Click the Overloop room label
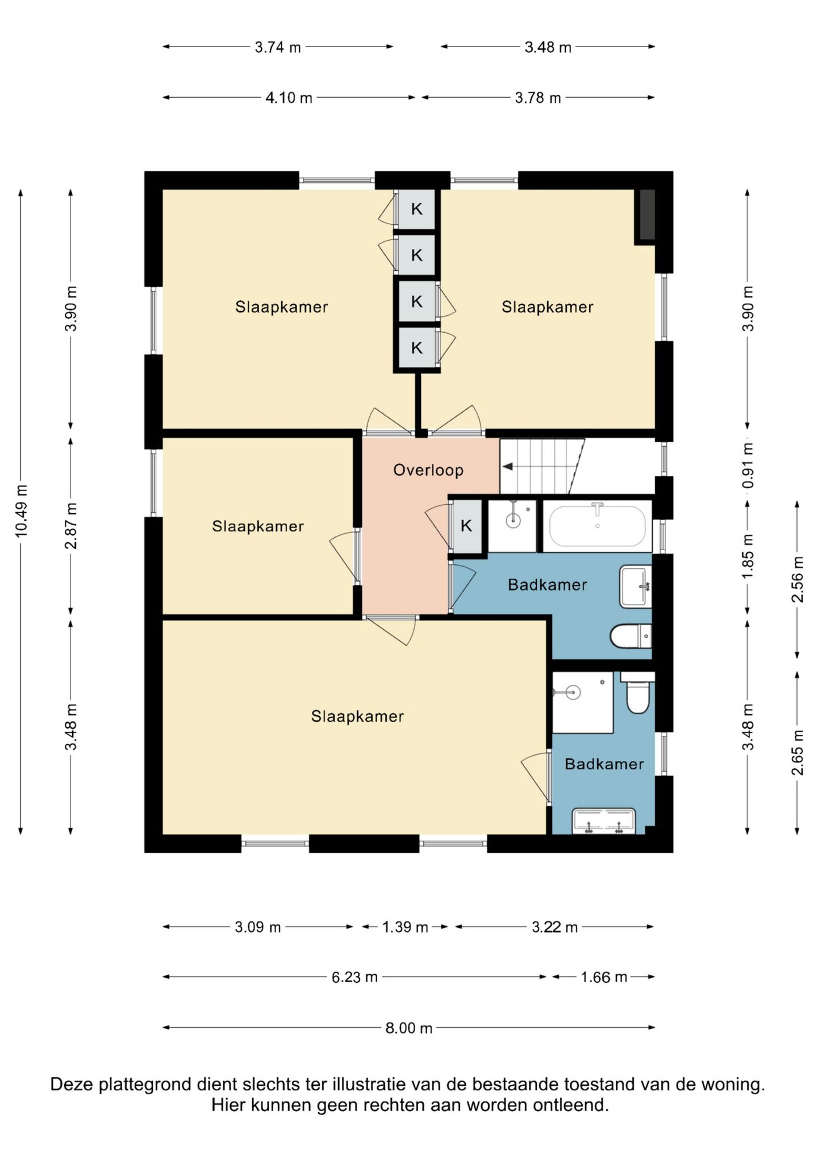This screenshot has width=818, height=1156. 428,470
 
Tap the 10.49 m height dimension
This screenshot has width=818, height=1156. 21,512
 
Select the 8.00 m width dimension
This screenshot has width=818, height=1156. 409,1028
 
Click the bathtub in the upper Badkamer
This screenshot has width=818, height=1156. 597,525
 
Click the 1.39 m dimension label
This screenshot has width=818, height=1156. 405,927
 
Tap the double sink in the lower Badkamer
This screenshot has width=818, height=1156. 604,822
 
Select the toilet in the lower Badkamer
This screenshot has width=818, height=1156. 637,693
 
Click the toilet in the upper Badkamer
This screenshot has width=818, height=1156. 631,636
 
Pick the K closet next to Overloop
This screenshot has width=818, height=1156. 466,526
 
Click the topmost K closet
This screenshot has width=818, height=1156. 416,209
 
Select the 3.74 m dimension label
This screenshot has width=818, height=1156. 277,47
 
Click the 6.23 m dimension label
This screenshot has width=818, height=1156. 354,977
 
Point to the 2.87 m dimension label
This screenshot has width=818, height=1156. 71,526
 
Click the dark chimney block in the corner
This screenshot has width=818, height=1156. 648,215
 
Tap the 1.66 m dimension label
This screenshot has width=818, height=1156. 604,977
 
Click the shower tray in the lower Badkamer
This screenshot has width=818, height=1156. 583,702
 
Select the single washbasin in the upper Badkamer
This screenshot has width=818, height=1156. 635,587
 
